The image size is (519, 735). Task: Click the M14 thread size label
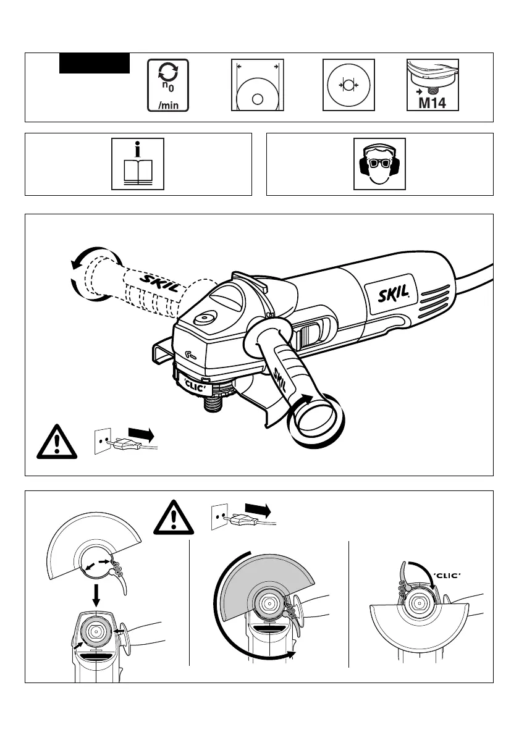[432, 103]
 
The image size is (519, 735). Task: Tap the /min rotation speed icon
[168, 85]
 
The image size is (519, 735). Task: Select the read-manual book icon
[138, 164]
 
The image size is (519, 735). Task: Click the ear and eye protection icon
[379, 164]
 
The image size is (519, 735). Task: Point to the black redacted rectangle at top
[95, 63]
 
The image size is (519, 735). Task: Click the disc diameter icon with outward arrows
[257, 85]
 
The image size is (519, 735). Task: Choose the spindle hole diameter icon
[348, 85]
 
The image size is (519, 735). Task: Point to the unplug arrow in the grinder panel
[140, 434]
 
